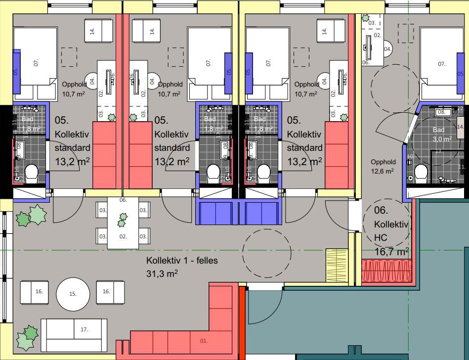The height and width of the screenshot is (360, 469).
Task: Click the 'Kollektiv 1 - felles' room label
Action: (x=182, y=261)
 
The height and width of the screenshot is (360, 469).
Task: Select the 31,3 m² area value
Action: (x=162, y=272)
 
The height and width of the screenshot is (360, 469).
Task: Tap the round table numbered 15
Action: (x=73, y=293)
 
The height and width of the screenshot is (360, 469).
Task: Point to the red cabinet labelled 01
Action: (x=203, y=340)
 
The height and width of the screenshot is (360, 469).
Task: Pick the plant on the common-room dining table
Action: (x=122, y=219)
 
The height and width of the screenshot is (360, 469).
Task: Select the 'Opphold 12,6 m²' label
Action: (x=384, y=167)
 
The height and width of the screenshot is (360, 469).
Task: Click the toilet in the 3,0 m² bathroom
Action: (x=421, y=174)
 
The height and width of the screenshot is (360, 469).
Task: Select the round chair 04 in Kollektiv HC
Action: (x=388, y=49)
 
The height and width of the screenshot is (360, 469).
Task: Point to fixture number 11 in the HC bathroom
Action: (x=461, y=167)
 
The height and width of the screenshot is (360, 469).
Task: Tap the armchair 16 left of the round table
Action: (x=39, y=292)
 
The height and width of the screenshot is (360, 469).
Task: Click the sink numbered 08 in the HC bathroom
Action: (x=442, y=112)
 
